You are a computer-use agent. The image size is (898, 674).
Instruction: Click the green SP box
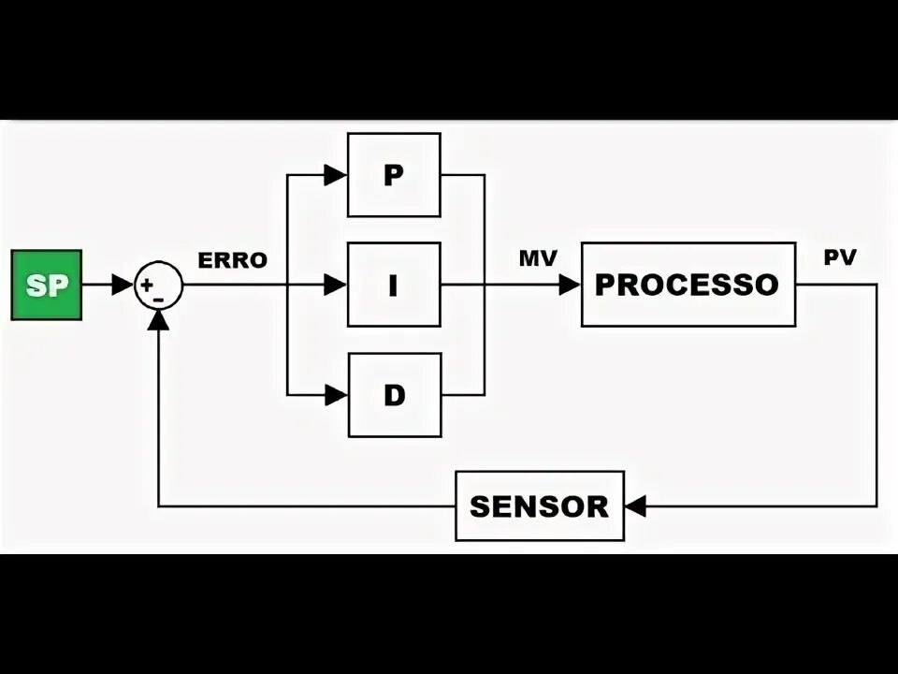46,285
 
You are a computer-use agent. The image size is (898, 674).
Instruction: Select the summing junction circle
159,285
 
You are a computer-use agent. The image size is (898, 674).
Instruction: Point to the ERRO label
232,260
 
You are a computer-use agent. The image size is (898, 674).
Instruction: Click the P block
394,175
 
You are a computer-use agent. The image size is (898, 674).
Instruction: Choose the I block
394,285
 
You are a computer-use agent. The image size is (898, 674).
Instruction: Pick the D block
394,394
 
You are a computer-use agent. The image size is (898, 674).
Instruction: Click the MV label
538,258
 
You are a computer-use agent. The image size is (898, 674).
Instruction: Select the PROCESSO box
688,284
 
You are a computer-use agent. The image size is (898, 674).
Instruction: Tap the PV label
840,258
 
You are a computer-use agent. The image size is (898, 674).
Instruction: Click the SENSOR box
539,506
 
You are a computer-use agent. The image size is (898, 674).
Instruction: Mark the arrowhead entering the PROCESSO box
570,285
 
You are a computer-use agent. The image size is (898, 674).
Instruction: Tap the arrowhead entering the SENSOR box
636,506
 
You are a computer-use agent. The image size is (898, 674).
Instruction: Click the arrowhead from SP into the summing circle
123,285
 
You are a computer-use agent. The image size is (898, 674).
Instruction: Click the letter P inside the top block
394,175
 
